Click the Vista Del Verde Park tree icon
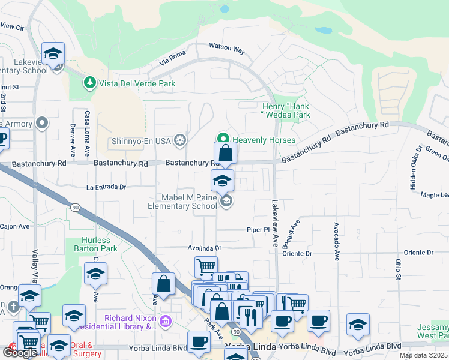89,82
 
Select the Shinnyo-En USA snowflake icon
179,141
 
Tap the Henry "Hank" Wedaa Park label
285,110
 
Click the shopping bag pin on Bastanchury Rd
226,153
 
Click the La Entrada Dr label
106,187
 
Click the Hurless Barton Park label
99,244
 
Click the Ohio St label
397,269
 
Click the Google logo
19,353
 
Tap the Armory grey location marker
42,124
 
